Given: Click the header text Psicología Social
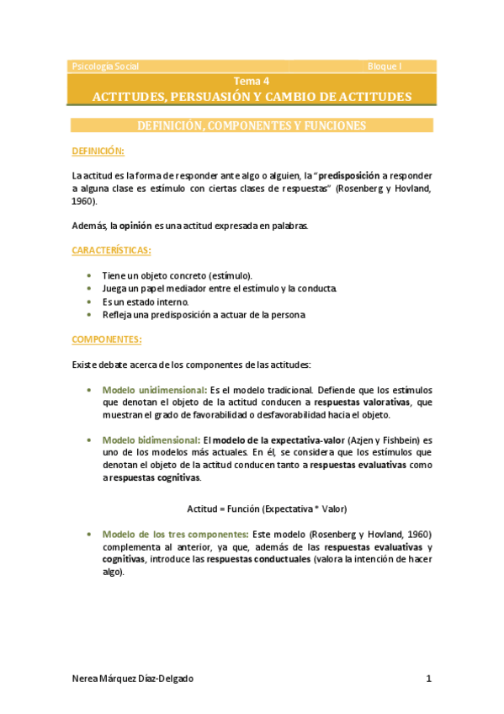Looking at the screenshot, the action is point(106,66).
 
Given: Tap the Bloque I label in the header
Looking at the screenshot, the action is point(385,66).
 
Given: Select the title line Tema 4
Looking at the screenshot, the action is point(252,81).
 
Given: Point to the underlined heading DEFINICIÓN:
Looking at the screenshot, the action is point(98,151).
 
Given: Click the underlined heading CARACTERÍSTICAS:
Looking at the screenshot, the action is point(112,250).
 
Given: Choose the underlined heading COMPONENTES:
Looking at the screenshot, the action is point(107,339).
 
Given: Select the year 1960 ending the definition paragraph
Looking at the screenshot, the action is point(83,202).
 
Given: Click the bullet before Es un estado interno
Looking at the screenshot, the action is point(90,301).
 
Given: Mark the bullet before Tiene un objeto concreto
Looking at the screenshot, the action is point(90,275).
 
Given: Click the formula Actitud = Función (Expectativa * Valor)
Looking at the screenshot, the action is point(267,509).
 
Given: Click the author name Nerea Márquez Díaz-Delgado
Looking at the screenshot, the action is point(138,679).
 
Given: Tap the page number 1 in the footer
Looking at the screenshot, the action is point(428,679).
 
